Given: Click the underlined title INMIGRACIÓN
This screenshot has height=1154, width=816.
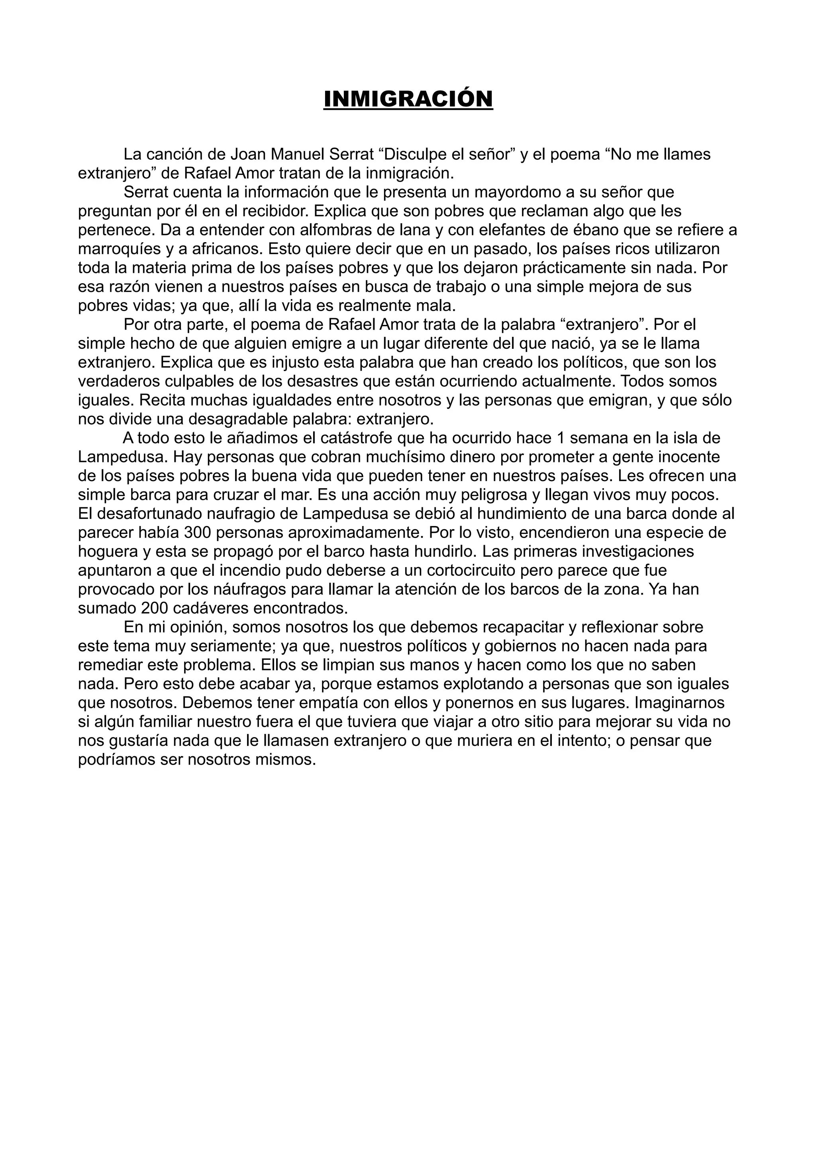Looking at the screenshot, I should click(x=408, y=99).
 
